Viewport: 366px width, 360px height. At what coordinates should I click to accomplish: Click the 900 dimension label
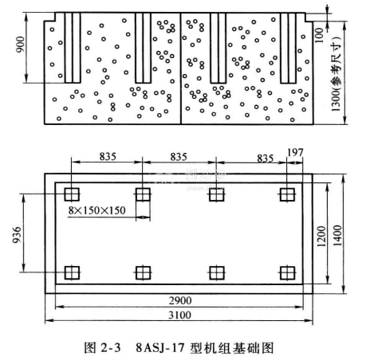[20, 45]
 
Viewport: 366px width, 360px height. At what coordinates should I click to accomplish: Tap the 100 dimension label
[319, 35]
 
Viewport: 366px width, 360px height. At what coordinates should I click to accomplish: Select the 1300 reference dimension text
[336, 74]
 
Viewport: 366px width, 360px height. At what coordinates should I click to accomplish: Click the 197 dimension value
[295, 152]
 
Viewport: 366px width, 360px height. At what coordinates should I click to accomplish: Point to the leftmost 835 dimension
[108, 157]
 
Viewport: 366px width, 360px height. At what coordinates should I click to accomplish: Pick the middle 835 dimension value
[179, 157]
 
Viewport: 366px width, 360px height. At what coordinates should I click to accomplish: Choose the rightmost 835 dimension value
[266, 158]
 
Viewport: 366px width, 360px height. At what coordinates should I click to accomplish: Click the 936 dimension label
[17, 235]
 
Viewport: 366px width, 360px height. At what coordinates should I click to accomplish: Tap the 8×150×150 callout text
[96, 210]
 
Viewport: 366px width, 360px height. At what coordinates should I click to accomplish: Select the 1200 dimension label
[321, 237]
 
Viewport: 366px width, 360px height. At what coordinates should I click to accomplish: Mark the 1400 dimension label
[337, 236]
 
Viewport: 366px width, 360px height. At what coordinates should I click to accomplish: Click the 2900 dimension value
[180, 300]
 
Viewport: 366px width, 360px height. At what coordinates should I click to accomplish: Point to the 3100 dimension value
[179, 315]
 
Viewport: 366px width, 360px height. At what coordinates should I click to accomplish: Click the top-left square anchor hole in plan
[72, 194]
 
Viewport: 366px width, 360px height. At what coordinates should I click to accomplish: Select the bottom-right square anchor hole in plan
[287, 272]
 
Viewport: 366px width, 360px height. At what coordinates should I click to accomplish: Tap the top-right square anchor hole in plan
[287, 194]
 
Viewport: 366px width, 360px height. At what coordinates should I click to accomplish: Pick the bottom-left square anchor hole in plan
[72, 272]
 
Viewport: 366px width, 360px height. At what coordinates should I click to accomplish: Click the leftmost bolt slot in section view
[73, 48]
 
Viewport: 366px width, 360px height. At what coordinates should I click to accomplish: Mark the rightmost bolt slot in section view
[289, 48]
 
